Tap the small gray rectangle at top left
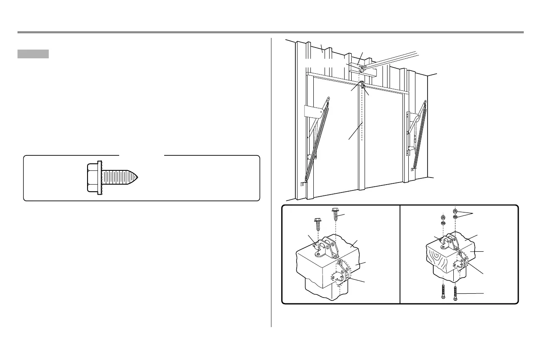33,54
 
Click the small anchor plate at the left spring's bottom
302,182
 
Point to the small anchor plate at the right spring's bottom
412,170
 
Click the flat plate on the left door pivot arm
314,112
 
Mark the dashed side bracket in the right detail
461,260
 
